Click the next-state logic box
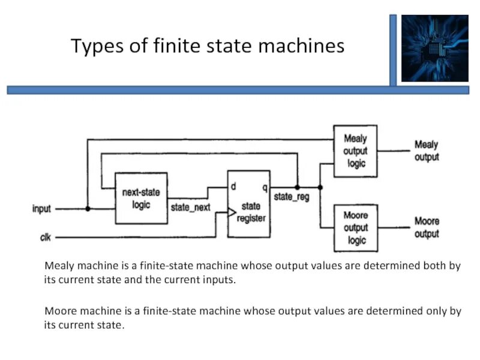(141, 198)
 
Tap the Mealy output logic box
(355, 151)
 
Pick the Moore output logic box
(355, 227)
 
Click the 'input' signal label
(41, 209)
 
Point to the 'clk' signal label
(45, 238)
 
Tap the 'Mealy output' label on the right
(427, 151)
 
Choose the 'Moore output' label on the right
(427, 227)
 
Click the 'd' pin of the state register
(233, 187)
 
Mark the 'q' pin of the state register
(265, 187)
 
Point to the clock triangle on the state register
(231, 212)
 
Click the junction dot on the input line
(88, 209)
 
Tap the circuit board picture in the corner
(434, 48)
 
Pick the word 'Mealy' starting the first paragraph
(58, 266)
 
